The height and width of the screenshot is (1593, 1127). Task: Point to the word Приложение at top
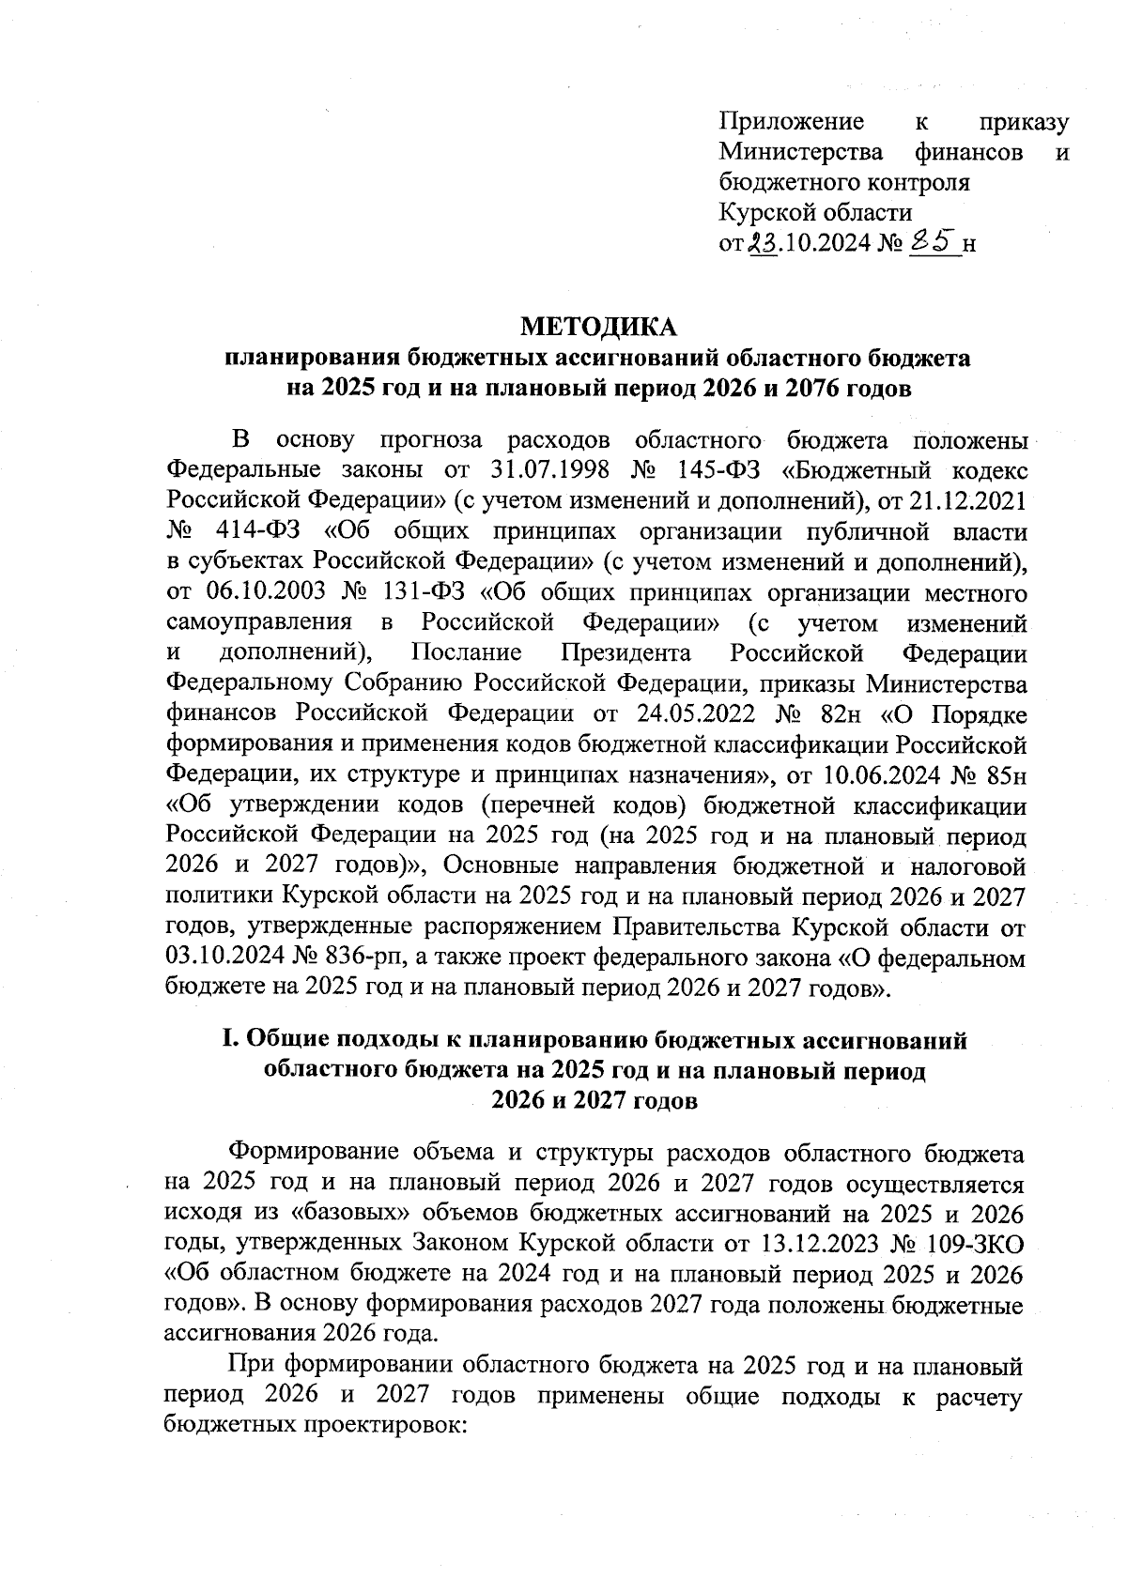(x=791, y=121)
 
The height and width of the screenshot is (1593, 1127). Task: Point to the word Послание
(x=466, y=652)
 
